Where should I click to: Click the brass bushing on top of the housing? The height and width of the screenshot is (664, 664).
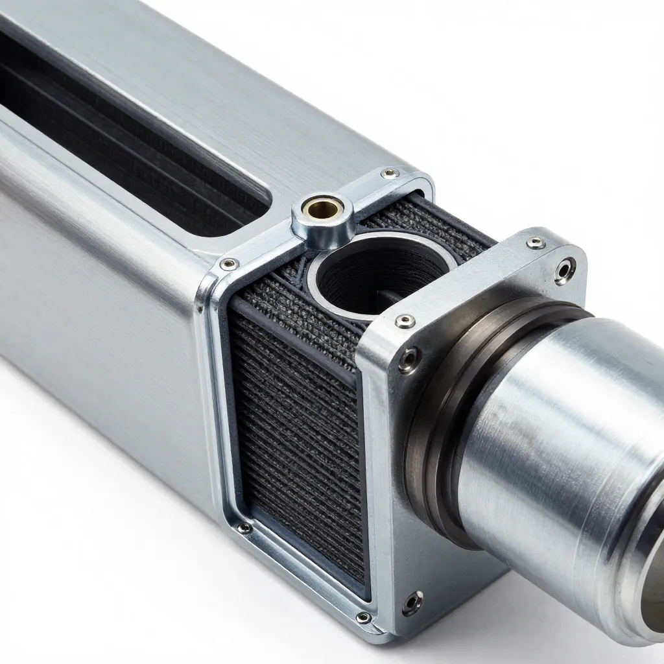[322, 209]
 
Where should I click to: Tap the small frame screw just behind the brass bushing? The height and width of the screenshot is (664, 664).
[389, 173]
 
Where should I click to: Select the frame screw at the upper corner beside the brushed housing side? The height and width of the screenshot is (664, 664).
[229, 264]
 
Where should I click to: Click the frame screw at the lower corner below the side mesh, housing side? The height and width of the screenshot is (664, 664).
[244, 528]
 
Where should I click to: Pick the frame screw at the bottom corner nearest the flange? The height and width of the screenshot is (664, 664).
[364, 617]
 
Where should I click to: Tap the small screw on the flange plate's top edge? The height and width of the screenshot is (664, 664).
[536, 243]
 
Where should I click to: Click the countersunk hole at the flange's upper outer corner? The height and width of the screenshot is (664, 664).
[565, 270]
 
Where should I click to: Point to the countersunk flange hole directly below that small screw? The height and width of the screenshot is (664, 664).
[409, 360]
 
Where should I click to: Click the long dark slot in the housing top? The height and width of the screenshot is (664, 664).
[130, 130]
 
